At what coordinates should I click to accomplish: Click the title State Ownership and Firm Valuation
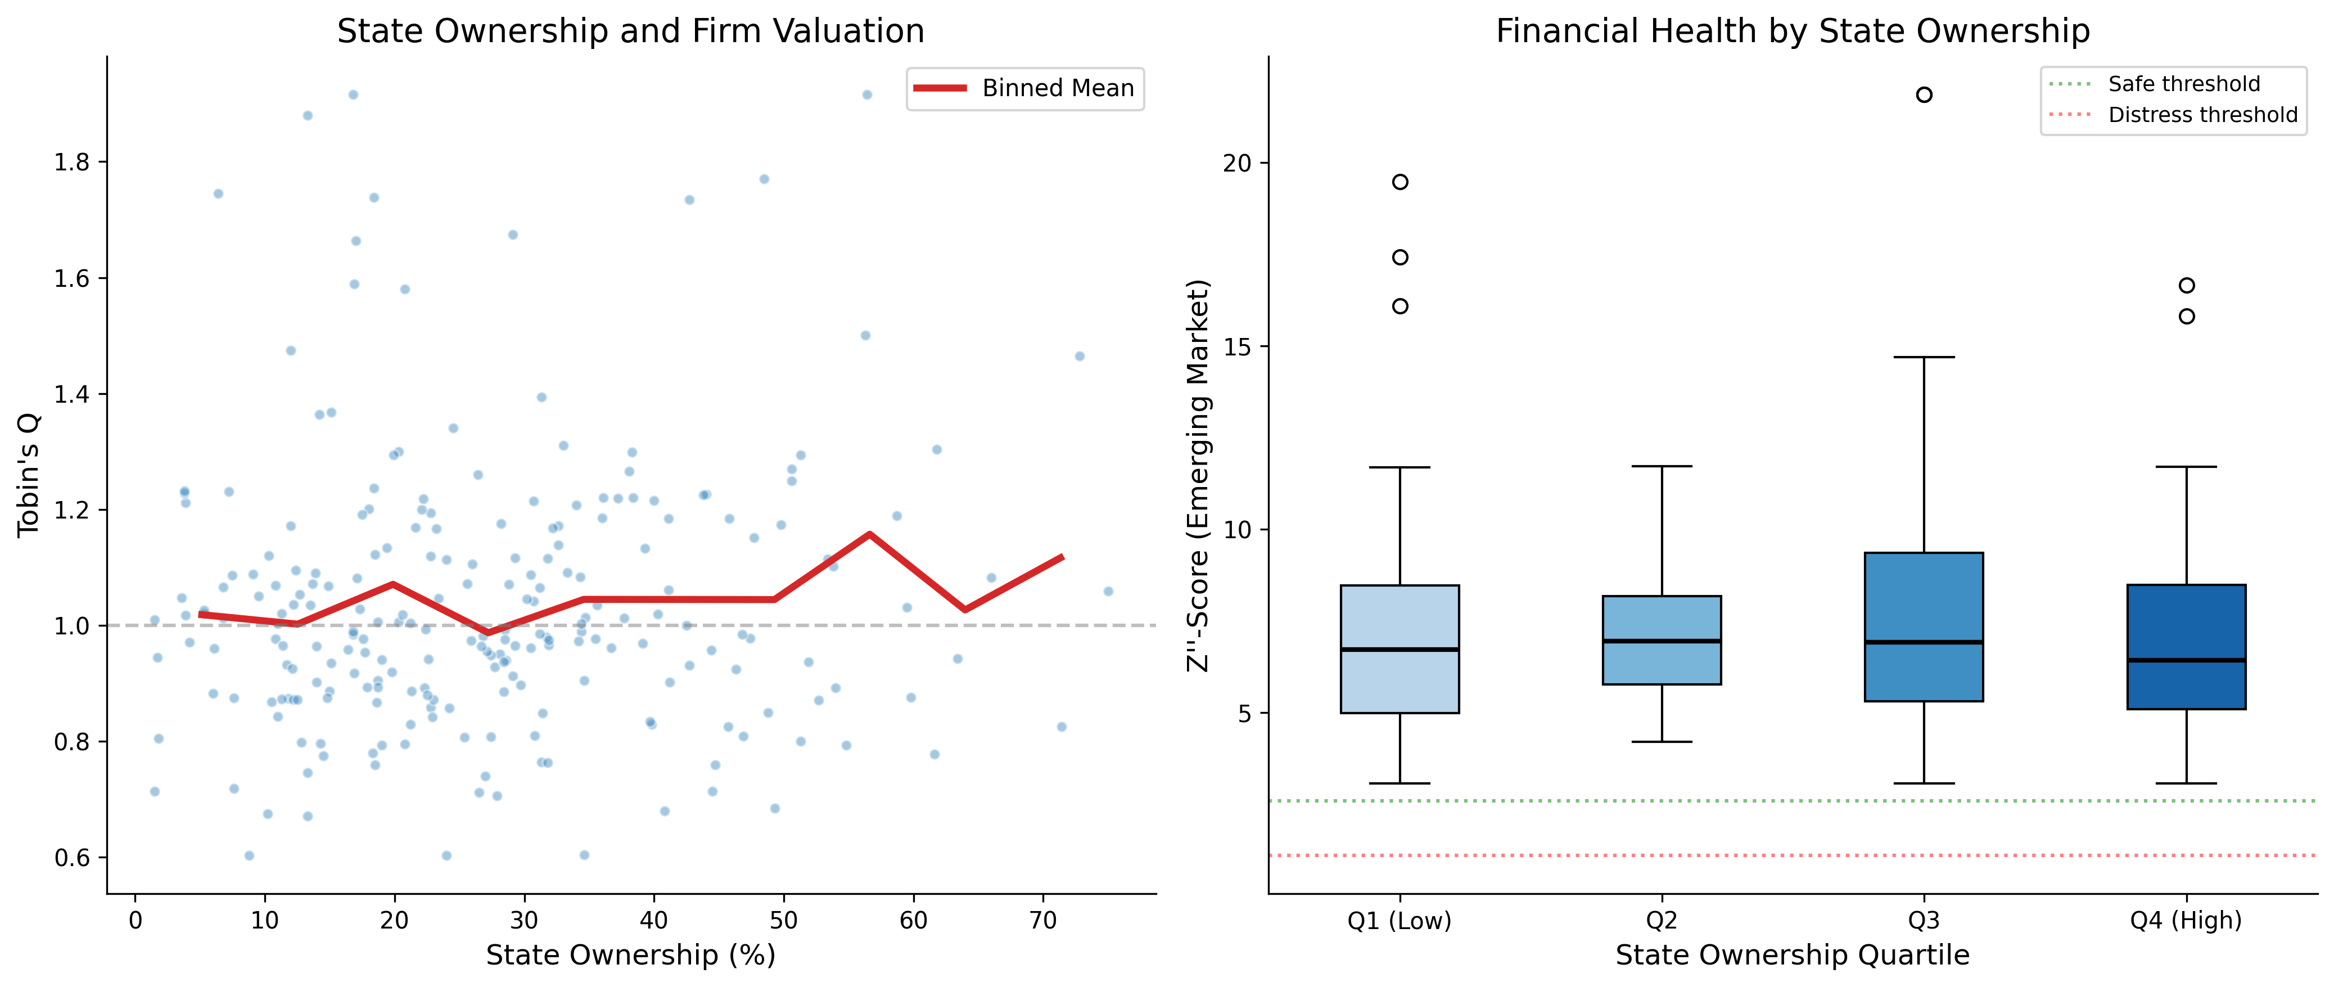[631, 31]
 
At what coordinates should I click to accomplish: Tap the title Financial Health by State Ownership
[1792, 31]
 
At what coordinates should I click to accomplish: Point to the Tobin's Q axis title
[29, 475]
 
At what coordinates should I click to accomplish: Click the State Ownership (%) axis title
[631, 956]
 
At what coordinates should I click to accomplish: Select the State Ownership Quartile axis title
[1792, 956]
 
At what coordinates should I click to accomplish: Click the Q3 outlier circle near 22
[1924, 95]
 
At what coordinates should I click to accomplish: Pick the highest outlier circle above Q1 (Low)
[1400, 182]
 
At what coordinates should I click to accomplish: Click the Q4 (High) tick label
[2186, 921]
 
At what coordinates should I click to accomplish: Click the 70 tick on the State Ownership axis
[1043, 921]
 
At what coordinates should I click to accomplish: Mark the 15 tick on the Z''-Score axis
[1237, 347]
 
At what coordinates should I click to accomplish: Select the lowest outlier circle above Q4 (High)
[2186, 316]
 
